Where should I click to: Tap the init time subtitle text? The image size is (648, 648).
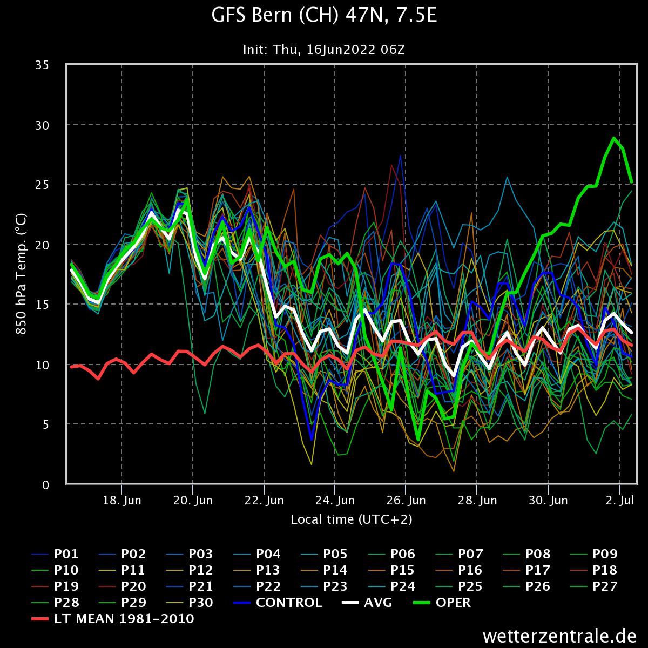324,50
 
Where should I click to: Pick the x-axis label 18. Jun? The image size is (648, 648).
122,501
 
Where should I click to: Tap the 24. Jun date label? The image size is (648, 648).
335,501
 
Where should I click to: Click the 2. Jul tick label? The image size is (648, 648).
619,501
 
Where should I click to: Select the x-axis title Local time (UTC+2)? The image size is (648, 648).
352,519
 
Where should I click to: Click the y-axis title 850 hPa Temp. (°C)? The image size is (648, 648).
21,275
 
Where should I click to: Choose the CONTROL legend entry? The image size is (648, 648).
288,602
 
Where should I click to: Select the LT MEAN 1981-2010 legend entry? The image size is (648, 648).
124,619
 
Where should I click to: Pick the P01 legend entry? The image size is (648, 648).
66,554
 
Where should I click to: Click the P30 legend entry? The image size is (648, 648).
201,602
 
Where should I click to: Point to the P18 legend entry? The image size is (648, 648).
605,570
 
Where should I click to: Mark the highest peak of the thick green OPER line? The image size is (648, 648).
614,138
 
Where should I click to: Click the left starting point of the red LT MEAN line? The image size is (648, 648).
71,367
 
